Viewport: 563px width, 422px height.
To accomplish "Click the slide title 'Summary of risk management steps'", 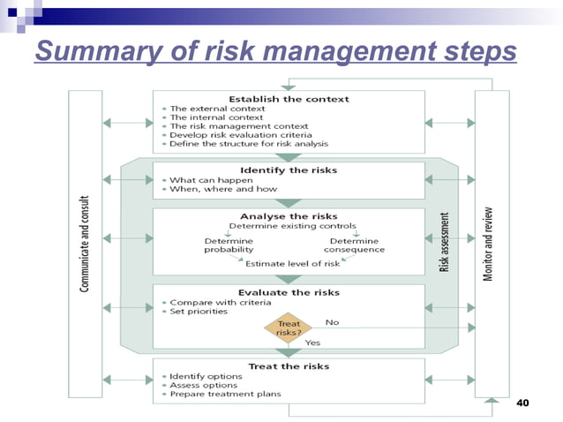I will (275, 52).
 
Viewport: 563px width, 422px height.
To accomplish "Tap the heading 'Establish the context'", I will (289, 99).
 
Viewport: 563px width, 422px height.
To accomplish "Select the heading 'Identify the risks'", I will (289, 170).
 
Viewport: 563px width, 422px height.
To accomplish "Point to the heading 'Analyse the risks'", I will (289, 215).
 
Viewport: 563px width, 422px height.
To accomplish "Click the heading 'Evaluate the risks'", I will (289, 292).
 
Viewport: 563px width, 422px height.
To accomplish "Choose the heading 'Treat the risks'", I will (289, 365).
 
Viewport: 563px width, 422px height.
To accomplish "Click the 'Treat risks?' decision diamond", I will (289, 328).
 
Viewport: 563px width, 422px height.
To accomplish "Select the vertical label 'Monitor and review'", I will (488, 244).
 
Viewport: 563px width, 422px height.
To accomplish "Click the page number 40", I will (521, 403).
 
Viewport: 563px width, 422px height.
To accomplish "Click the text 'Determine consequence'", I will (354, 245).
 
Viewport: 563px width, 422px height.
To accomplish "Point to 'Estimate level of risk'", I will (292, 263).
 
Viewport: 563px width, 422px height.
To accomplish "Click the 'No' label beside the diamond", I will (332, 322).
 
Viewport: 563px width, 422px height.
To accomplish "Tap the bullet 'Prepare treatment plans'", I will (225, 394).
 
